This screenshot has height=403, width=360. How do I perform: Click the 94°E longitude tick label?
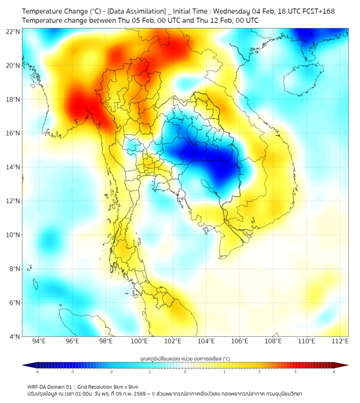(x=39, y=341)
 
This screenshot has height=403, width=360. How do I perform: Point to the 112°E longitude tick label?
(x=340, y=341)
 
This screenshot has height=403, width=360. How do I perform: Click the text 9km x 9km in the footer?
(x=124, y=386)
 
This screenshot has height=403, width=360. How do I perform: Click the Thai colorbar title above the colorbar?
(x=185, y=358)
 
